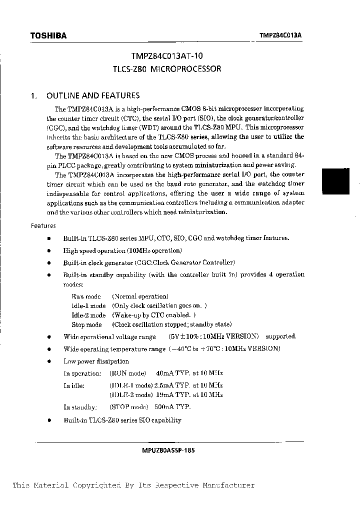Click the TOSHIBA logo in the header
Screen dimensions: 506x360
point(48,35)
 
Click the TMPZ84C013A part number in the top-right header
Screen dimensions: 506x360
point(283,35)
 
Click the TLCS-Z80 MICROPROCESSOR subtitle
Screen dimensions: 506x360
point(166,69)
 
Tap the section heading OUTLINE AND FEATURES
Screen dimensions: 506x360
point(93,95)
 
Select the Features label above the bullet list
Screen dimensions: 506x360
point(43,226)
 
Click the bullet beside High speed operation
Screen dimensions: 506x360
point(49,251)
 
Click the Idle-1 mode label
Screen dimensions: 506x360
point(88,306)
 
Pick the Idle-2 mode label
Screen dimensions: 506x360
point(88,315)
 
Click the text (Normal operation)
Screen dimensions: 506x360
point(140,296)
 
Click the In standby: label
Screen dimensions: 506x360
point(80,407)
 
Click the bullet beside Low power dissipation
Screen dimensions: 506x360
point(49,361)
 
